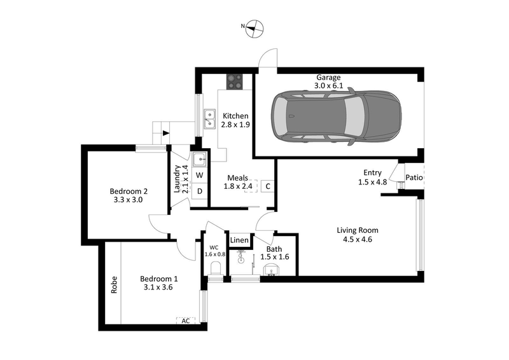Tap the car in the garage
336,117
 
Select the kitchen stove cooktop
235,82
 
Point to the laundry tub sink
199,159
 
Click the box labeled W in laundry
199,175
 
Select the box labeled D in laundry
199,191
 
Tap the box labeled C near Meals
268,186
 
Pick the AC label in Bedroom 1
186,321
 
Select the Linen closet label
239,240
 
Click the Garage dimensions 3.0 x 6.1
330,85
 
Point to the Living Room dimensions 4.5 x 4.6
358,240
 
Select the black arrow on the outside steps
166,133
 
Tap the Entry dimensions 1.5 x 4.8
372,182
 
